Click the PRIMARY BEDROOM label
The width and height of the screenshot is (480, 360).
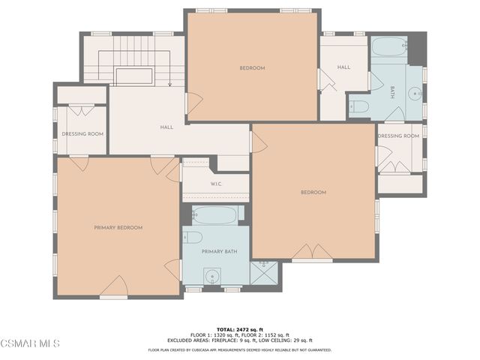click(x=118, y=227)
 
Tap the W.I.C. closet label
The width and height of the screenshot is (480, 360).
click(x=215, y=184)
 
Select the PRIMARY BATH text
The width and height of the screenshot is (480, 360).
click(x=219, y=252)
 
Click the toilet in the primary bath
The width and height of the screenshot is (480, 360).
click(x=192, y=238)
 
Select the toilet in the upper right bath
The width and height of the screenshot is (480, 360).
click(x=359, y=106)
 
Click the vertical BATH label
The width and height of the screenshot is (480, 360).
click(x=392, y=92)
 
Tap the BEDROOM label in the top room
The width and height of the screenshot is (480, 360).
click(x=252, y=68)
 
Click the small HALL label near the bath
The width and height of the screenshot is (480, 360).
click(x=343, y=67)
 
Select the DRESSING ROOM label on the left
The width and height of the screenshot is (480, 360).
click(x=82, y=134)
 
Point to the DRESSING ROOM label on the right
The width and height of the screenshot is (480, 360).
click(x=398, y=136)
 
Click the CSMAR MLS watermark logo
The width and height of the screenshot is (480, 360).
click(x=30, y=343)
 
